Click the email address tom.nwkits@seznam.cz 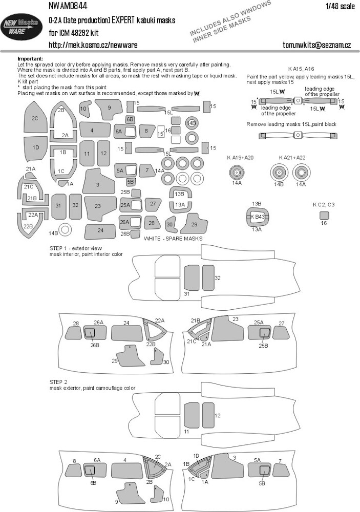pyautogui.click(x=316, y=46)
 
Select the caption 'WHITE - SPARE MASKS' pyautogui.click(x=173, y=239)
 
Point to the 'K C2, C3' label pyautogui.click(x=323, y=205)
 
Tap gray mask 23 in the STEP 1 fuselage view pyautogui.click(x=231, y=330)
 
